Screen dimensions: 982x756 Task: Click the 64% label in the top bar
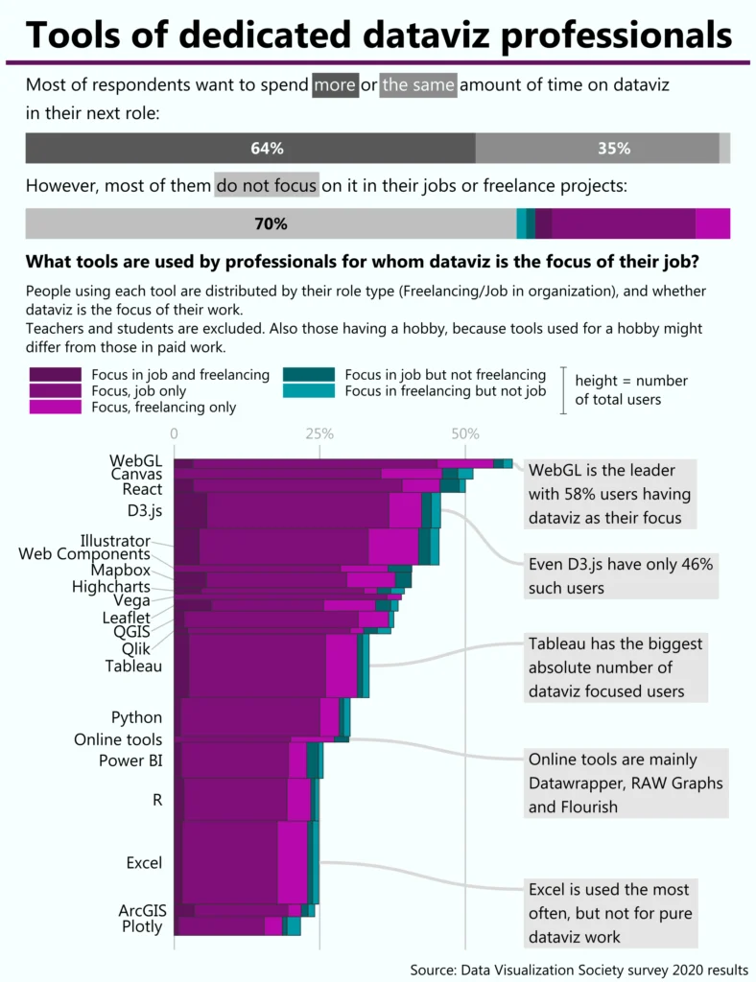click(267, 149)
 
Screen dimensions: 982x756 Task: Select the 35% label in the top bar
click(613, 149)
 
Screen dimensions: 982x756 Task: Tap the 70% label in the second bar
click(271, 224)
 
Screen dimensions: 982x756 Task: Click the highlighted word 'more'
click(334, 85)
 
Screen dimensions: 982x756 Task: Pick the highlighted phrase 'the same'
click(418, 85)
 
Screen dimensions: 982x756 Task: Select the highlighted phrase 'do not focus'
click(266, 184)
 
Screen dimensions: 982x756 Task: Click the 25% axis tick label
click(319, 433)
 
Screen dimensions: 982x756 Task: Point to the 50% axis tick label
click(465, 433)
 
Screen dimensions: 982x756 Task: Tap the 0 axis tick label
click(174, 433)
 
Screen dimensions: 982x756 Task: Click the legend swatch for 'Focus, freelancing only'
click(56, 407)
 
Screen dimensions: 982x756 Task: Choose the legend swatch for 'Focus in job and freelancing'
click(56, 375)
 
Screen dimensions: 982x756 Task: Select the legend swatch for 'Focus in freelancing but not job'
click(309, 390)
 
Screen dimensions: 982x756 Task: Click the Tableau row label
click(133, 666)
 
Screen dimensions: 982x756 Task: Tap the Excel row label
click(144, 863)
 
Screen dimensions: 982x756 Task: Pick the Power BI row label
click(130, 760)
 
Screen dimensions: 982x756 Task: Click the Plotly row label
click(142, 926)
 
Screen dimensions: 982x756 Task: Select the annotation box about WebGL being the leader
click(611, 494)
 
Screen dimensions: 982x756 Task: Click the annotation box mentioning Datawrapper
click(625, 783)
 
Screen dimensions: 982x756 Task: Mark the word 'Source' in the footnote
click(433, 970)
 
